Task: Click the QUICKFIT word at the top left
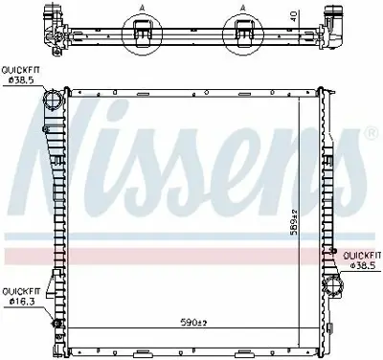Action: pyautogui.click(x=20, y=69)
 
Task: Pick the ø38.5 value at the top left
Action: pyautogui.click(x=20, y=80)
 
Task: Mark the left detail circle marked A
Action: pyautogui.click(x=143, y=35)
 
